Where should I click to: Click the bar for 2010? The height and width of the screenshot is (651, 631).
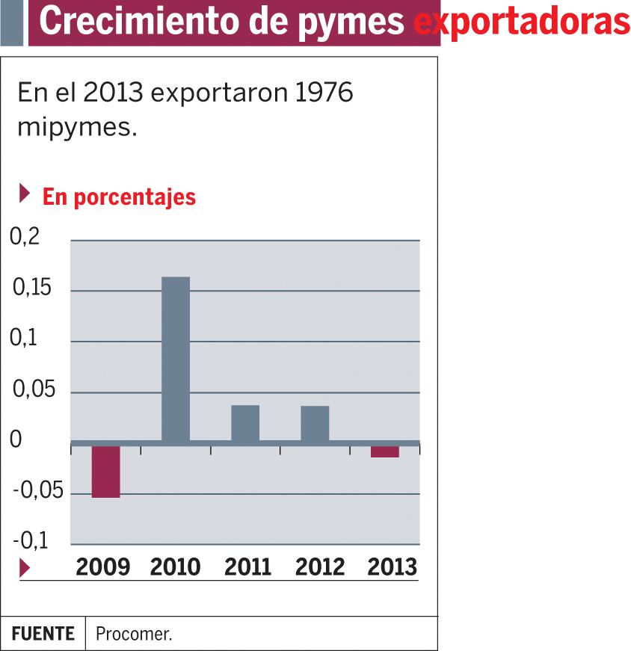pyautogui.click(x=176, y=359)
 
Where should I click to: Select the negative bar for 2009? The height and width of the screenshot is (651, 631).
pyautogui.click(x=105, y=471)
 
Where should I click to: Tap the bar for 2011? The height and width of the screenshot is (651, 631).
pyautogui.click(x=245, y=423)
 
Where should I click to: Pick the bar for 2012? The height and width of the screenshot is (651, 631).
pyautogui.click(x=315, y=423)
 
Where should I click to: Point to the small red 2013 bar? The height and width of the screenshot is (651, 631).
pyautogui.click(x=384, y=451)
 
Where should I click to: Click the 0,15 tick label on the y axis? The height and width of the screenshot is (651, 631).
pyautogui.click(x=32, y=288)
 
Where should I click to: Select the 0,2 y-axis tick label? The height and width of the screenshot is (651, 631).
pyautogui.click(x=24, y=237)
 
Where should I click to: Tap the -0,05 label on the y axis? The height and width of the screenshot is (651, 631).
pyautogui.click(x=38, y=492)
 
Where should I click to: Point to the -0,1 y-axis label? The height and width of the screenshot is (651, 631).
pyautogui.click(x=30, y=540)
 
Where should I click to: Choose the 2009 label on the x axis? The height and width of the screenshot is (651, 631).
pyautogui.click(x=103, y=567)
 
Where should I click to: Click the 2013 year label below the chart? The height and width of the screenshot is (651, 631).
pyautogui.click(x=392, y=567)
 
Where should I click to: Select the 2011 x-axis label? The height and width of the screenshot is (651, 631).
pyautogui.click(x=247, y=567)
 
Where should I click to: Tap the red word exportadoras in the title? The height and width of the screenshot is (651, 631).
pyautogui.click(x=522, y=22)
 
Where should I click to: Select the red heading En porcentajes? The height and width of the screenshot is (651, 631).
pyautogui.click(x=119, y=197)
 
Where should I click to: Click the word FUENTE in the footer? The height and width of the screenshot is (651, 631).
pyautogui.click(x=43, y=634)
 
